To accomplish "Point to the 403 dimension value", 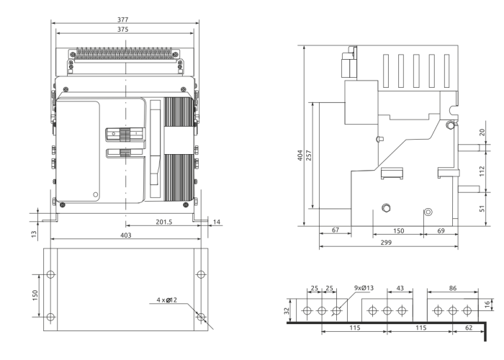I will pos(125,235).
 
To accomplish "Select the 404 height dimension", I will pos(301,156).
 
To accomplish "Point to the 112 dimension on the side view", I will pos(482,171).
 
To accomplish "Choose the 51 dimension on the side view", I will pos(482,209).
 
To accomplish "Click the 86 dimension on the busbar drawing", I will pos(451,288).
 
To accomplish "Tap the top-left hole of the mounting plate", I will pos(50,275).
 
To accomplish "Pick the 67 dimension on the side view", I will pos(335,231).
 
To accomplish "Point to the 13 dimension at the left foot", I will pos(35,233).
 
